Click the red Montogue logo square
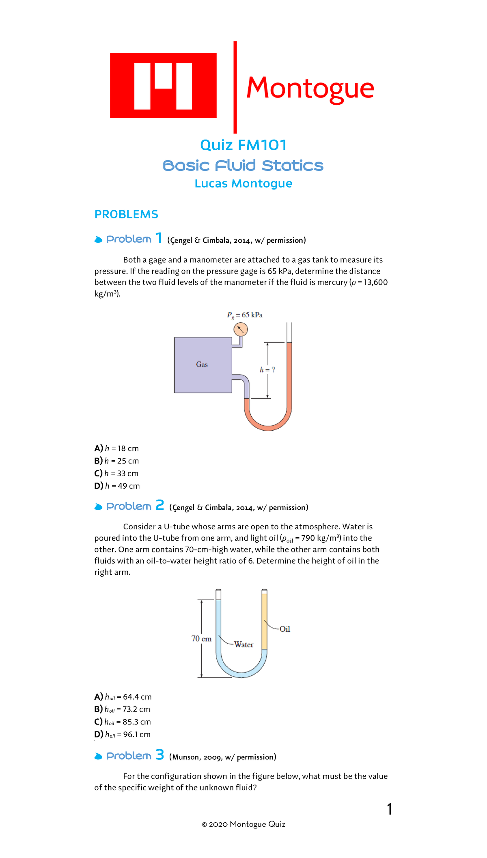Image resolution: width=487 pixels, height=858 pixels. coord(163,86)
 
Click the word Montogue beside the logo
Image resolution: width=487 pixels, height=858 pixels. coord(310,88)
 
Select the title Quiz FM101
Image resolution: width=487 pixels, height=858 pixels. coord(243,145)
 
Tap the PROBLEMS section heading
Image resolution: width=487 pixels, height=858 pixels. coord(126,214)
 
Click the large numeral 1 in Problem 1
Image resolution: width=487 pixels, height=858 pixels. coord(159,238)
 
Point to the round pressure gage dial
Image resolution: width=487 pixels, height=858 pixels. coord(241,329)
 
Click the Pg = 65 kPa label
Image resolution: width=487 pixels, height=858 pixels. coord(245,315)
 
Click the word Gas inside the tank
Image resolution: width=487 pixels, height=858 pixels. coord(202,364)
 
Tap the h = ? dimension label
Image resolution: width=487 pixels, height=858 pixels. coord(267,370)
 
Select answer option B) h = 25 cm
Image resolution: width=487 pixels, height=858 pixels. coord(117,461)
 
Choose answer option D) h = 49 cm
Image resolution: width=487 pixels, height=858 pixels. coord(117,486)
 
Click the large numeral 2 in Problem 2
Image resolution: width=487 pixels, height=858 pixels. coord(160,505)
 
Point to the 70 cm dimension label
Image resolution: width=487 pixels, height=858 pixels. coord(201,639)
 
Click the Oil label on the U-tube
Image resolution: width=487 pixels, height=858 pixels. coord(285,629)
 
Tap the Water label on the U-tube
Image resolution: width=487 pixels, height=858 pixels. coord(243,645)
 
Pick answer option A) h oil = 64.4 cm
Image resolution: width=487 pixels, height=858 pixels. coord(123,697)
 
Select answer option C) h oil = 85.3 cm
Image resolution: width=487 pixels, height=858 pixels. coord(123,722)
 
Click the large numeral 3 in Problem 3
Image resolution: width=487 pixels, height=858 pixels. coord(160,755)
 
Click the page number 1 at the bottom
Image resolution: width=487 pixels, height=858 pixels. coord(390,809)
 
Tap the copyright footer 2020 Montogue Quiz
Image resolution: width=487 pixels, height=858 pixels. coord(243,824)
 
